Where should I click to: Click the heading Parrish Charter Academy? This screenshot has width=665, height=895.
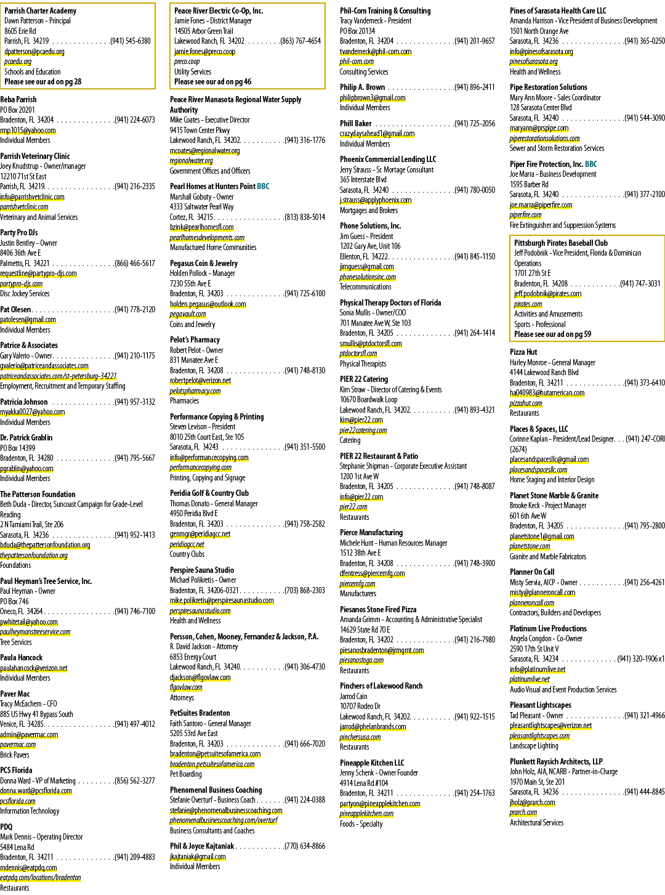(41, 11)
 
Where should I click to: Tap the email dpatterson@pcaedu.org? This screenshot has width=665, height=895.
(34, 52)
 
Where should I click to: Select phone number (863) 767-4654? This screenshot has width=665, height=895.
(300, 41)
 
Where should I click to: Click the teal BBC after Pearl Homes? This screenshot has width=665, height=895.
(263, 187)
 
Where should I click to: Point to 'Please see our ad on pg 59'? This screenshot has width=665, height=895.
(552, 334)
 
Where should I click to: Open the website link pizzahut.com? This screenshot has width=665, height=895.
(526, 403)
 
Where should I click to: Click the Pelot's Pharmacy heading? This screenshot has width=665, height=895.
(195, 340)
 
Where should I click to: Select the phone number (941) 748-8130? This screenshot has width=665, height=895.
(305, 370)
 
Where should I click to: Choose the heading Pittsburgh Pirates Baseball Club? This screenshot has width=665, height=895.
(561, 243)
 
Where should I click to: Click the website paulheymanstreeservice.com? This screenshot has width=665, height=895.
(35, 632)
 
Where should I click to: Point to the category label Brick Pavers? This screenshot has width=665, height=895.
(15, 755)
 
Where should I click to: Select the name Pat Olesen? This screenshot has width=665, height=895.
(15, 309)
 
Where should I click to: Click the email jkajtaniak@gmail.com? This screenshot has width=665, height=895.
(198, 857)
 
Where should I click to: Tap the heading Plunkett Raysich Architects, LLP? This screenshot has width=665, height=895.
(556, 761)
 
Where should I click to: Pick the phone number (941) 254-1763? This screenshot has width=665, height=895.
(475, 793)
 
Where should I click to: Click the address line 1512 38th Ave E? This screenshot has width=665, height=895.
(360, 553)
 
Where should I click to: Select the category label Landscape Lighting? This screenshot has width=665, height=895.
(534, 746)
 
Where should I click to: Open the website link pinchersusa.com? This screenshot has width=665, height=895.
(360, 737)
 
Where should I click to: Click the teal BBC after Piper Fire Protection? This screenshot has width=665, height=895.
(590, 164)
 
